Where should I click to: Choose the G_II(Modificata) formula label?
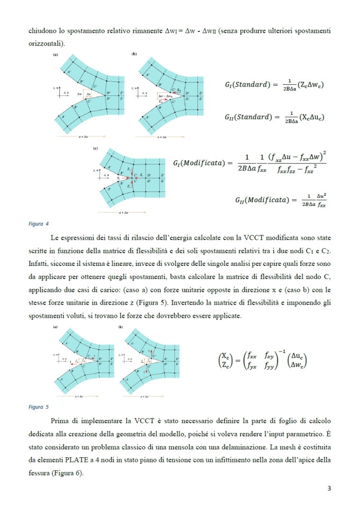264,200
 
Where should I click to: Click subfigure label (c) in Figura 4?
96,148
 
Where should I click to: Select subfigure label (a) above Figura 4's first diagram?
54,55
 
